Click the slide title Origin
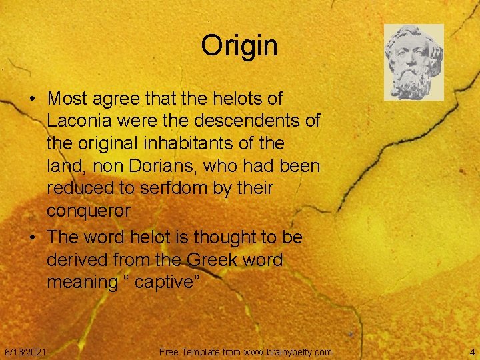tap(239, 46)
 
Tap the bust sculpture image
tap(413, 62)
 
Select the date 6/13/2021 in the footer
tap(25, 351)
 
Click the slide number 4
tap(471, 351)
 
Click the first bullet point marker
tap(33, 99)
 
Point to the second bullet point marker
tap(33, 237)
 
